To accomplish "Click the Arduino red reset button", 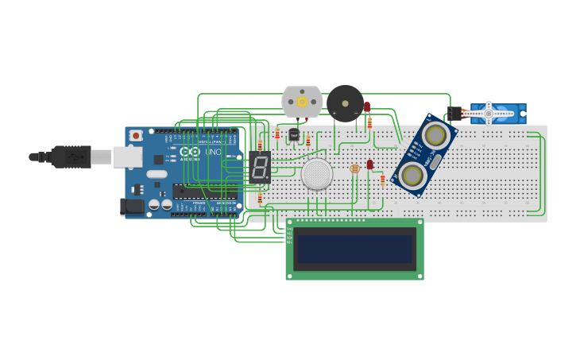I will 137,136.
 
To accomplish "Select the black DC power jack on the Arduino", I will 131,207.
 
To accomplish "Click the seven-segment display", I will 259,166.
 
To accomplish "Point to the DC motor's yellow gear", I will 302,102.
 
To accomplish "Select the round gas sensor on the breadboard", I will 317,174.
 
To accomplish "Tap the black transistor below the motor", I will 294,135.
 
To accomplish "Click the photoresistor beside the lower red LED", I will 354,168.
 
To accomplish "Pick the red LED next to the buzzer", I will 367,106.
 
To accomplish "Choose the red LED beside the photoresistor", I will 369,165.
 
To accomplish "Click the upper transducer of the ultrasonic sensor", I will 435,134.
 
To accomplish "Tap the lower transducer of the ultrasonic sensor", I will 412,175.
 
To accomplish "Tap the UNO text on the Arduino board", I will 213,152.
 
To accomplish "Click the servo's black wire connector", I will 454,113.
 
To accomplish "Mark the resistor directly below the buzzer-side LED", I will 369,122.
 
